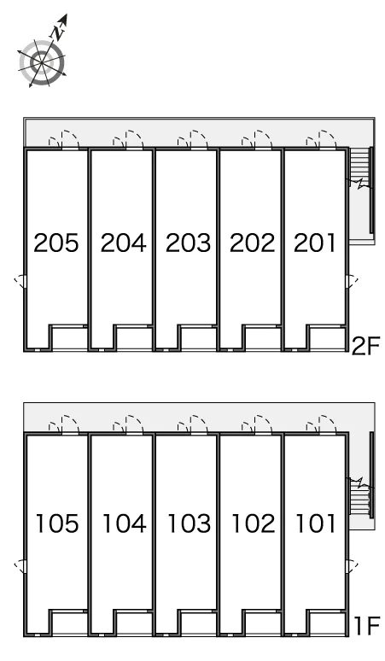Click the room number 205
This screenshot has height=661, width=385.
click(56, 243)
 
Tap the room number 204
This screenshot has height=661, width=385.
click(124, 243)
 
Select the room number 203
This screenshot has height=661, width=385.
click(188, 243)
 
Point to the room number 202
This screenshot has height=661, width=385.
click(253, 243)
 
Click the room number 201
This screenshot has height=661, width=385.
click(315, 243)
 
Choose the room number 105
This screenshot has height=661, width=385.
click(57, 524)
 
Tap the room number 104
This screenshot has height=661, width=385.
click(125, 524)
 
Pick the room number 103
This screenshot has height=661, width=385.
click(190, 524)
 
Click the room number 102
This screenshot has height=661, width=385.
click(254, 524)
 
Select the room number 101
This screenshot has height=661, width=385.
click(316, 524)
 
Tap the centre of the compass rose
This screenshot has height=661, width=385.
click(42, 63)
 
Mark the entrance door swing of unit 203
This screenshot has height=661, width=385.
click(193, 139)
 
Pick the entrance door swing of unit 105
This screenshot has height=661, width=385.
click(64, 424)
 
